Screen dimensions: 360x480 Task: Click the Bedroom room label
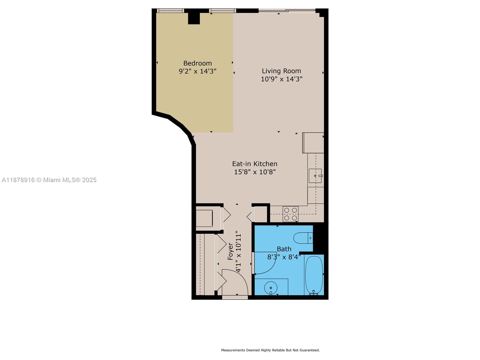tap(197, 63)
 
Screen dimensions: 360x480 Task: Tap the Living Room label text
tap(281, 71)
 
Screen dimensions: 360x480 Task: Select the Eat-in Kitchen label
tap(255, 164)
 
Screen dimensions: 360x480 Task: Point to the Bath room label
tap(284, 249)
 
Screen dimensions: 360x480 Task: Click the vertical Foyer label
tap(230, 251)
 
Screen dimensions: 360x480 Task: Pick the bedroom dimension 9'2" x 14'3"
tap(197, 71)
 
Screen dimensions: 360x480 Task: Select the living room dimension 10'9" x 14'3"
tap(281, 79)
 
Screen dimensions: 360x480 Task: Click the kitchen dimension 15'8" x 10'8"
tap(255, 172)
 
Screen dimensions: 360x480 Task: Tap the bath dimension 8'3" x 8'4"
tap(284, 257)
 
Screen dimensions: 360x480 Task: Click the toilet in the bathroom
tap(303, 238)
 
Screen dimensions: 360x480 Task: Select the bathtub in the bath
tap(314, 275)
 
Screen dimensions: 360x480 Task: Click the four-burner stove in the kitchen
tap(290, 214)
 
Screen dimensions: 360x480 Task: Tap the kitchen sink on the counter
tap(315, 176)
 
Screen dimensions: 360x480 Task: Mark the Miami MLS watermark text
tap(49, 180)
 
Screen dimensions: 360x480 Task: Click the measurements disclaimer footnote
tap(270, 350)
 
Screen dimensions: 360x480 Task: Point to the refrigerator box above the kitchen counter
tap(313, 143)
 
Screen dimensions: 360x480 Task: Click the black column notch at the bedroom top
tap(194, 18)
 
